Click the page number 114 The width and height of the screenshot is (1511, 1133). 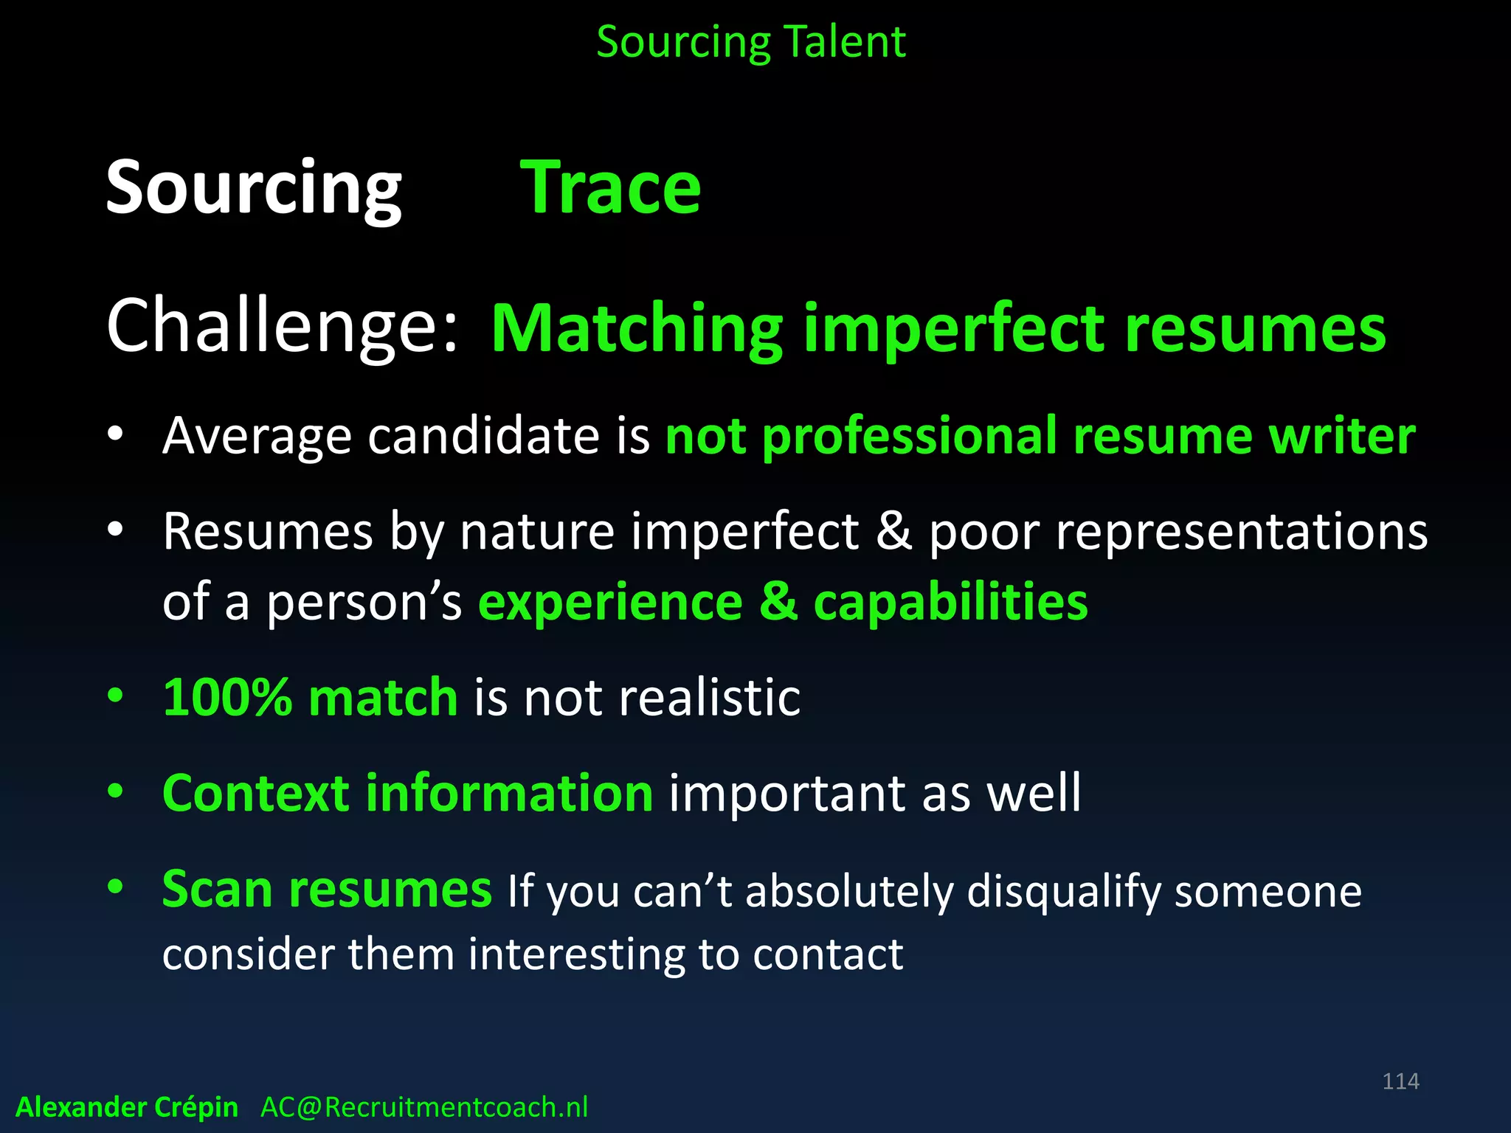(x=1400, y=1081)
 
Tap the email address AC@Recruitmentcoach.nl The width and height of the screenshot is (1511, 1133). (x=424, y=1107)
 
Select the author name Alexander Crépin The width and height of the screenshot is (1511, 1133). (x=127, y=1107)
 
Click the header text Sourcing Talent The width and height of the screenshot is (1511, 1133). (x=750, y=42)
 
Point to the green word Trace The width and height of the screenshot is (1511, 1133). (x=611, y=188)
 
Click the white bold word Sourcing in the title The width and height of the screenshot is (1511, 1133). (x=254, y=188)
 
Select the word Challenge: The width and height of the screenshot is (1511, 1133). (x=283, y=326)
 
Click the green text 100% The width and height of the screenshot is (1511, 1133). (x=227, y=697)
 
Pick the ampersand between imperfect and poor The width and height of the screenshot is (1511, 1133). (x=893, y=531)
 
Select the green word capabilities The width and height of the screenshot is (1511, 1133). (x=950, y=602)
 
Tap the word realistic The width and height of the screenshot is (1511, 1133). (x=709, y=697)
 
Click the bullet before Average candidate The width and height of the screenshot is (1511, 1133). (x=114, y=434)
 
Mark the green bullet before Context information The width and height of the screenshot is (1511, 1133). (x=114, y=791)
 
